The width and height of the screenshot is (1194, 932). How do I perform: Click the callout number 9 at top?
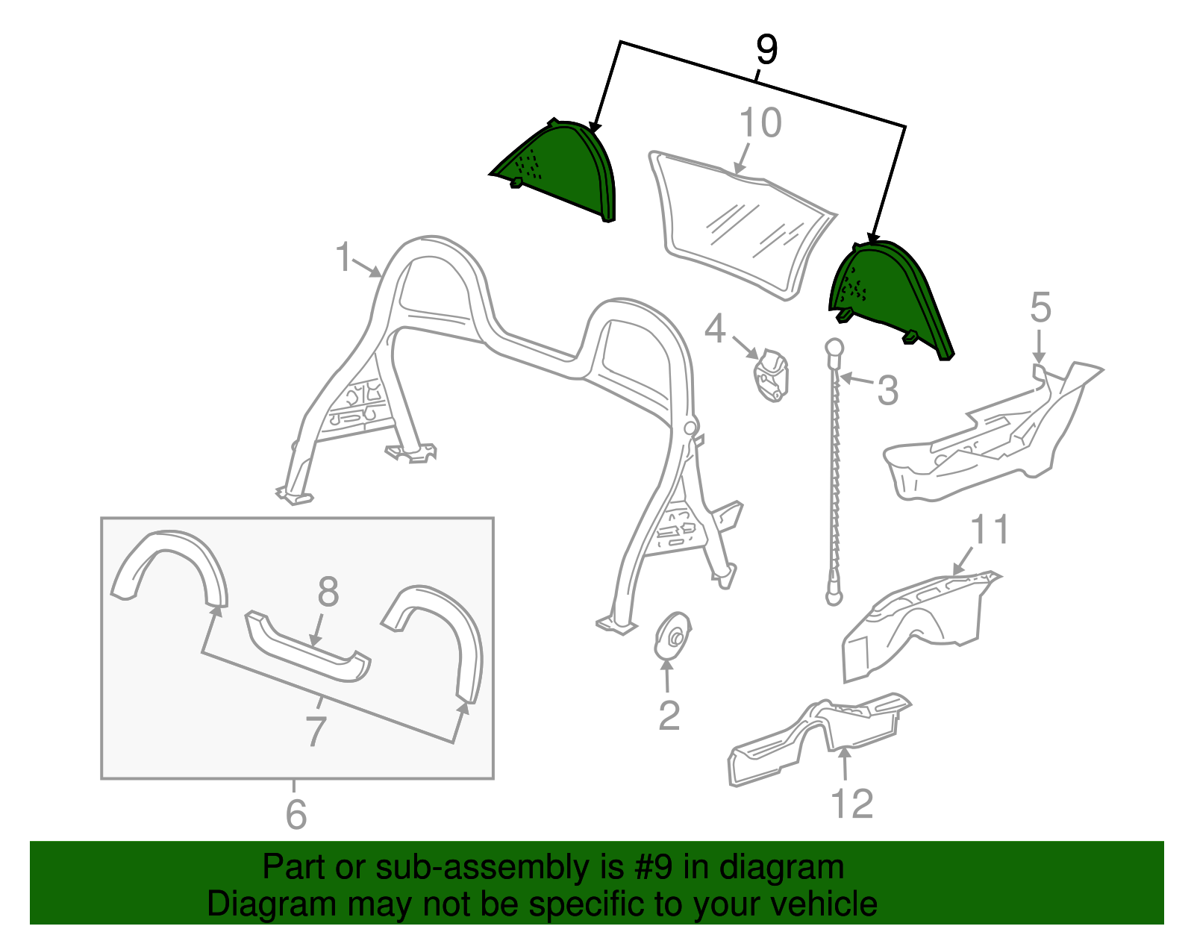[766, 50]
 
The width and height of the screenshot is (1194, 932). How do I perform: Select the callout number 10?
[760, 123]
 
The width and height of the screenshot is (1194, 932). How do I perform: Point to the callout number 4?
[715, 328]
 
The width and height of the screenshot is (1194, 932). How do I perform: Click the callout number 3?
[887, 391]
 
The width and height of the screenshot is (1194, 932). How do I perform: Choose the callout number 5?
[1040, 307]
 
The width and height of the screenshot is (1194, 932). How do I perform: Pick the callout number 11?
[990, 530]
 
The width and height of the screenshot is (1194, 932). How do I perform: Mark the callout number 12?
[851, 804]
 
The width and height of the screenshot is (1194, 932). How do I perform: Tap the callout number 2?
[669, 716]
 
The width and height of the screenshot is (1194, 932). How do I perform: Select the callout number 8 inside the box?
[328, 592]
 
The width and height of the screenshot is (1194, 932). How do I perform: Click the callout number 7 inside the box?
[316, 731]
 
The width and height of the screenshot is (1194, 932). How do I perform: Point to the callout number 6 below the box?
[296, 814]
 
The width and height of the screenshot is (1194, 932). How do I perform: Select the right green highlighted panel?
[888, 291]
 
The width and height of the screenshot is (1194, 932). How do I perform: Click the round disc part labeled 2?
[673, 637]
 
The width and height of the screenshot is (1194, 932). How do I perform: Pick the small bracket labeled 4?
[772, 375]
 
